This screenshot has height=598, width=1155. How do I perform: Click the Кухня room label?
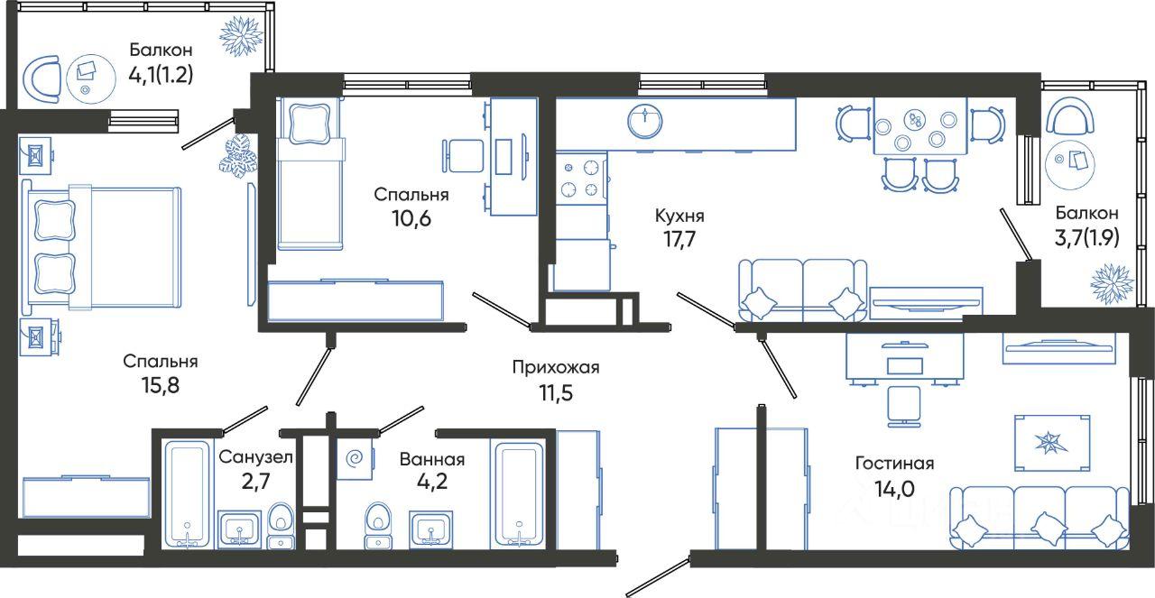coord(679,216)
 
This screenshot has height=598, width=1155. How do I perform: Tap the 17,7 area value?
coord(679,240)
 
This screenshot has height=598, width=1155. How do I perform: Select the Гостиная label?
coord(894,463)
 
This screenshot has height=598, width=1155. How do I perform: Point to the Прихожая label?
coord(556,368)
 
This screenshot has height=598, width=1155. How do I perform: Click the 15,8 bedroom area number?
coord(161,385)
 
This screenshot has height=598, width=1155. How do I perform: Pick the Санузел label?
coord(255,456)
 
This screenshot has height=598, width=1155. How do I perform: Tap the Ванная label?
coord(432,459)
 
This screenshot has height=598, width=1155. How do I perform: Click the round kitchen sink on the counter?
coord(645,122)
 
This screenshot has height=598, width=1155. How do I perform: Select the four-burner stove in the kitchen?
coord(582,178)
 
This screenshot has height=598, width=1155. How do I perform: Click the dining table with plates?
coord(920,125)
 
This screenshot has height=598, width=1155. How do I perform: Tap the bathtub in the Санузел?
coord(188,494)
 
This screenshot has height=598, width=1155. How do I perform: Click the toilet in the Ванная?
coord(378,525)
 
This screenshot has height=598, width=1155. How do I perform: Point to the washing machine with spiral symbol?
coord(355,458)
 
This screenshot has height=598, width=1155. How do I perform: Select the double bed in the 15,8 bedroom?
coord(101,248)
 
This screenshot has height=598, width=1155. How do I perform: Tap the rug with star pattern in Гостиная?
coord(1052,443)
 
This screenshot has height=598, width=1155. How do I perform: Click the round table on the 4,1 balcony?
coord(90,78)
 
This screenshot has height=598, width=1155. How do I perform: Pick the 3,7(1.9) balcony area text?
coord(1086,237)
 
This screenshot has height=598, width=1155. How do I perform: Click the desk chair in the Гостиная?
coord(904,407)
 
